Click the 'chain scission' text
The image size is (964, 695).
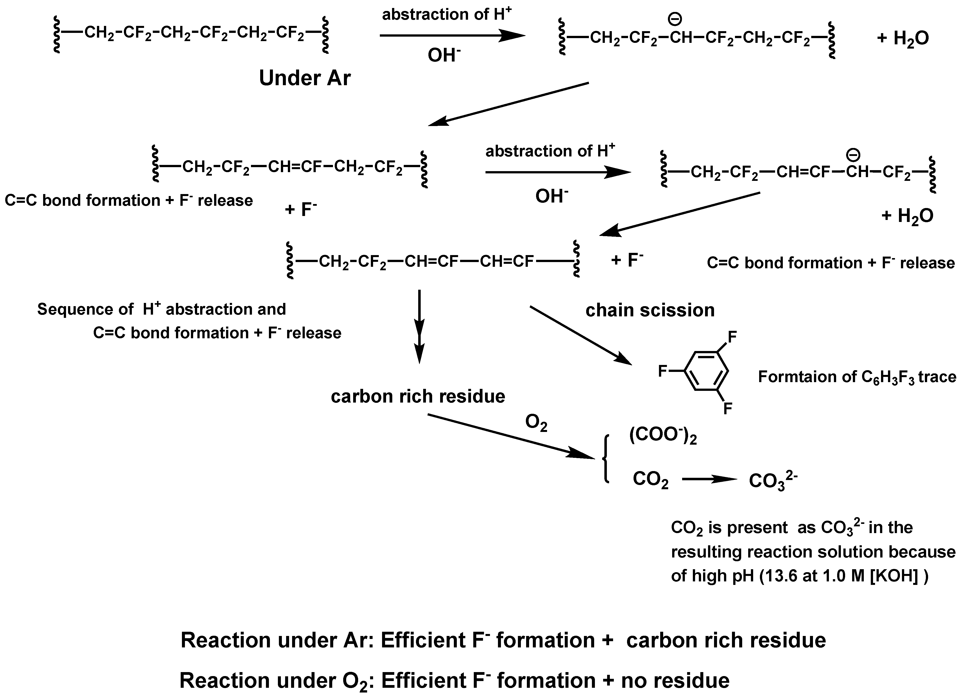[650, 310]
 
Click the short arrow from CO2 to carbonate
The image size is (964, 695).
[709, 479]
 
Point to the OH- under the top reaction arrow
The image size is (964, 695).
[444, 56]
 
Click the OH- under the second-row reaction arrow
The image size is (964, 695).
[551, 196]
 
